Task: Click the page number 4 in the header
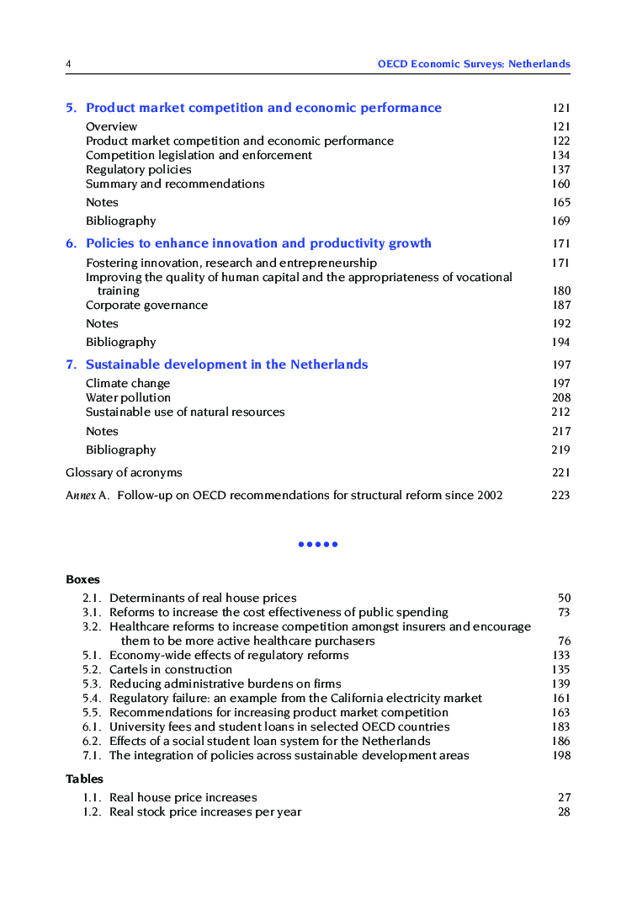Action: pyautogui.click(x=68, y=64)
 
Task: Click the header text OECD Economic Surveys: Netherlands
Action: pyautogui.click(x=473, y=64)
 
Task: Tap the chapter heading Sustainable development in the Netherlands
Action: pyautogui.click(x=226, y=364)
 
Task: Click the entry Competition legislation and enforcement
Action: pyautogui.click(x=199, y=155)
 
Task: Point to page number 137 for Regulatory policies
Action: pyautogui.click(x=560, y=169)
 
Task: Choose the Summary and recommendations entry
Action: pyautogui.click(x=175, y=184)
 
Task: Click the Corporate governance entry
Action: pyautogui.click(x=146, y=305)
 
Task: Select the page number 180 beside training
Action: pyautogui.click(x=560, y=290)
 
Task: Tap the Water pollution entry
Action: pyautogui.click(x=128, y=397)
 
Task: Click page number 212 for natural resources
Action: pyautogui.click(x=560, y=412)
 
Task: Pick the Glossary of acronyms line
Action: pyautogui.click(x=124, y=472)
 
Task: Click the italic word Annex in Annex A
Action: pyautogui.click(x=80, y=495)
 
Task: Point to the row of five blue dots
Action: pyautogui.click(x=318, y=545)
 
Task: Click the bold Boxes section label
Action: pyautogui.click(x=82, y=579)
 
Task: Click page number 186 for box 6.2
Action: pyautogui.click(x=560, y=741)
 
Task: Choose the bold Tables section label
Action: pyautogui.click(x=84, y=779)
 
